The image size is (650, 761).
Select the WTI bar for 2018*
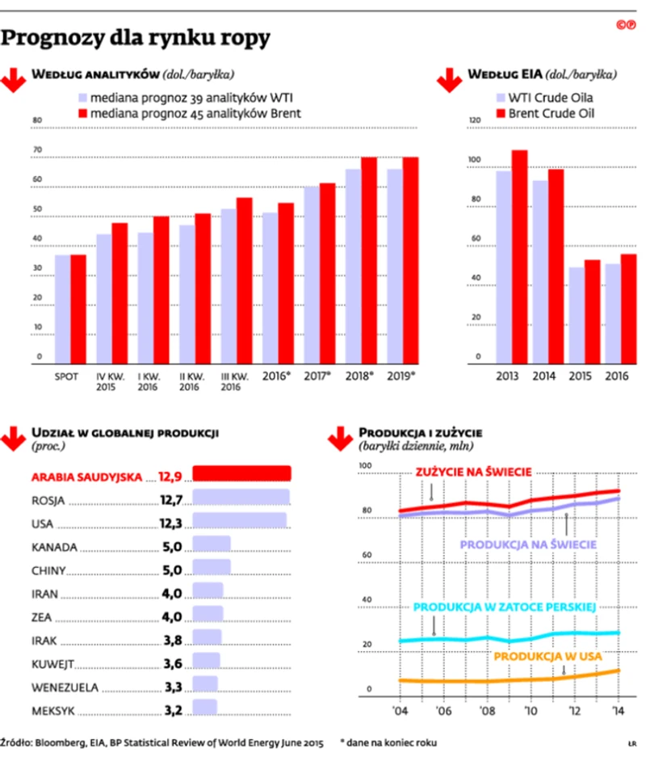click(354, 267)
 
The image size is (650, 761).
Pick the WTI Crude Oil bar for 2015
click(577, 315)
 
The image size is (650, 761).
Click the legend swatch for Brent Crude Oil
click(500, 114)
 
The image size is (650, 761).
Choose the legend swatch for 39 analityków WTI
click(82, 97)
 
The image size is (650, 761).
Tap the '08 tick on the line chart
click(486, 710)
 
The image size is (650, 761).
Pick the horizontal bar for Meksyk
click(205, 707)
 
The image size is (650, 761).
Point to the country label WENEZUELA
click(65, 687)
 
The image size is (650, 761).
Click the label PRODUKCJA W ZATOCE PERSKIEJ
click(504, 607)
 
